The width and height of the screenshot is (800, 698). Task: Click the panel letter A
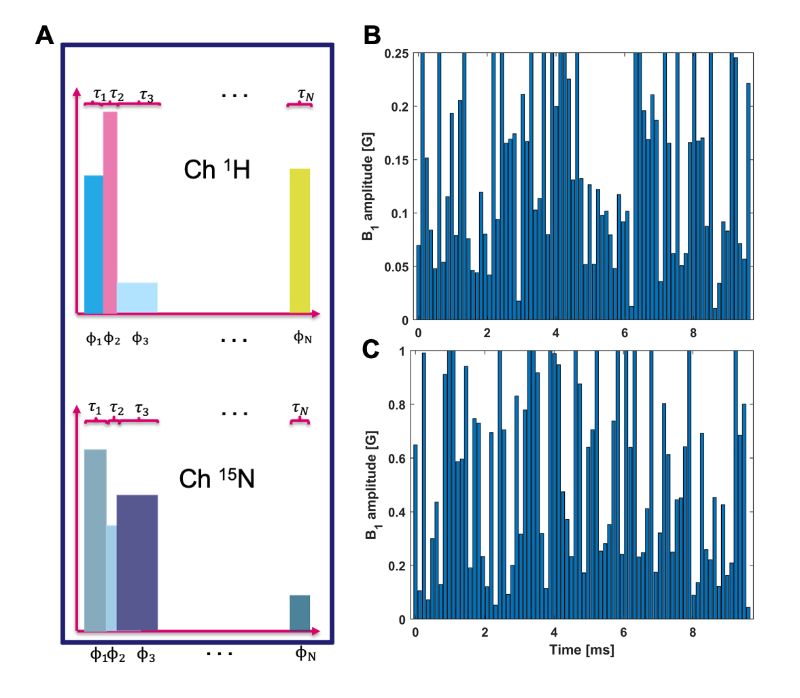click(45, 35)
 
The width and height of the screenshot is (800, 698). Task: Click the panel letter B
click(372, 35)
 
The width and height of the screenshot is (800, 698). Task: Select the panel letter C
click(371, 349)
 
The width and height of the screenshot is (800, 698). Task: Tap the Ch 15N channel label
click(217, 479)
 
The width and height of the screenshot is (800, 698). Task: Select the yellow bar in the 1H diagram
click(300, 241)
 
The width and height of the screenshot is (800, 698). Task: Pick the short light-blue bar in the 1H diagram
click(137, 298)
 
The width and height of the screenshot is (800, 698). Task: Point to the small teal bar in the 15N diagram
click(300, 613)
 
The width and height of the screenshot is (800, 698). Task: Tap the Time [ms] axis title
click(581, 650)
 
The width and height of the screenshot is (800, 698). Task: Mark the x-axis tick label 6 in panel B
click(625, 334)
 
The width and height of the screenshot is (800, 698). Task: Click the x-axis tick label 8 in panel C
click(693, 633)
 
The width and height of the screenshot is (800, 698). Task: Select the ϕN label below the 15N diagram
click(305, 654)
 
